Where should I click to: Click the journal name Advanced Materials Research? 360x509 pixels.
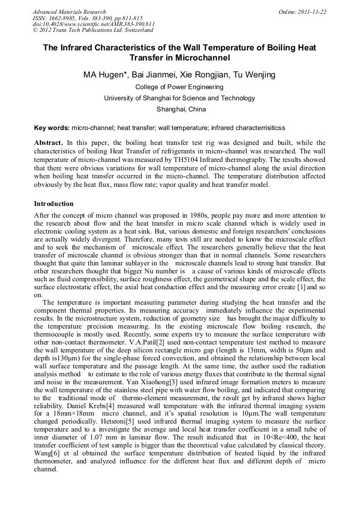pos(69,12)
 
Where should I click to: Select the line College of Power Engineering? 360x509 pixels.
pos(179,87)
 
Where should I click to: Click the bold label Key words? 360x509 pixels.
pos(52,128)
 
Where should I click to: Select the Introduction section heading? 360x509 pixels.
pos(54,204)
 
